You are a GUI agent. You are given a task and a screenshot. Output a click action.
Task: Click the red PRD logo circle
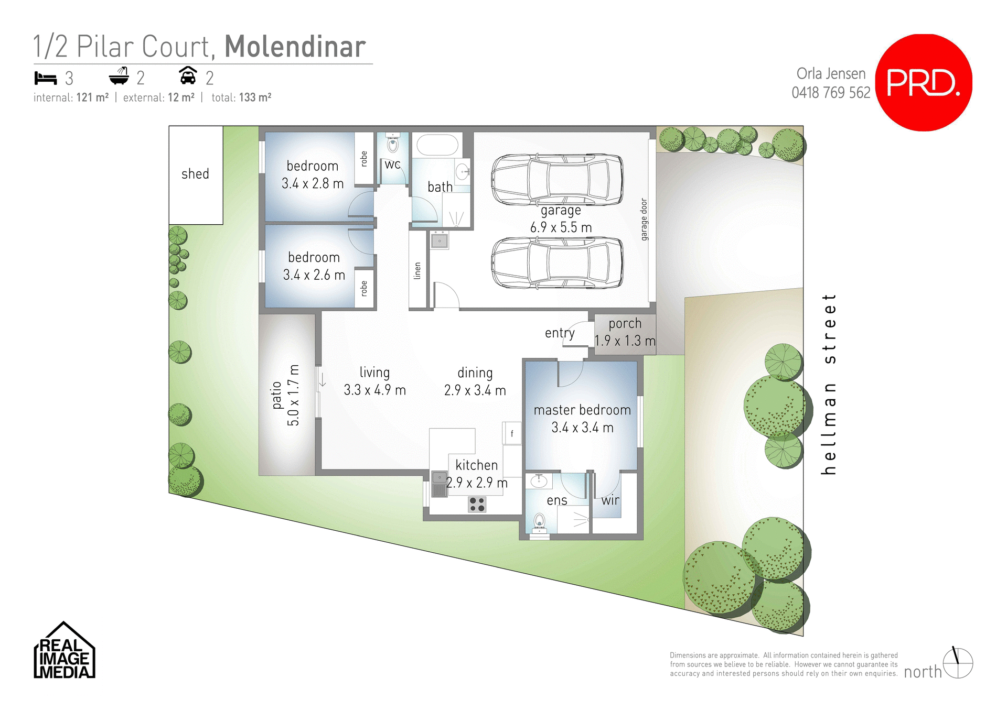[924, 82]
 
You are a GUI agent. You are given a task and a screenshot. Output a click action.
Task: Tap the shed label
[195, 174]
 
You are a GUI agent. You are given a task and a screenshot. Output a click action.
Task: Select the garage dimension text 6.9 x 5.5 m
[561, 227]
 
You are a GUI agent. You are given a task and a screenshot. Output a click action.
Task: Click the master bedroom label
[582, 410]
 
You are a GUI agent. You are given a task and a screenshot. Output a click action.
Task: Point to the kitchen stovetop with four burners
[477, 505]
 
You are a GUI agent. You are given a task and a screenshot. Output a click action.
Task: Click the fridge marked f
[512, 433]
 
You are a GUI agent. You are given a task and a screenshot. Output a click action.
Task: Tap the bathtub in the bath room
[437, 145]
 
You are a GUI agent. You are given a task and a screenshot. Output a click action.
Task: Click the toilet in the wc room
[392, 143]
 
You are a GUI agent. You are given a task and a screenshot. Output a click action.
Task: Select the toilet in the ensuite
[539, 522]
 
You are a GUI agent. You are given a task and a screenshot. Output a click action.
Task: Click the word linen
[417, 271]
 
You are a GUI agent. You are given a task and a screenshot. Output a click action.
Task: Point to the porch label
[625, 323]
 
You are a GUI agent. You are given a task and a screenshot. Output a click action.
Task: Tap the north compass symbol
[958, 663]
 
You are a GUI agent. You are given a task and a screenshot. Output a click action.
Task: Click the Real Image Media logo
[64, 651]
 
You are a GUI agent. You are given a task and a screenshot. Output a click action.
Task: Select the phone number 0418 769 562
[831, 93]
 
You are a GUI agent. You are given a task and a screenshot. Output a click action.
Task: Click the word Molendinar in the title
[295, 47]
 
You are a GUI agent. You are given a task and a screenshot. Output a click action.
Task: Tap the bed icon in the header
[46, 78]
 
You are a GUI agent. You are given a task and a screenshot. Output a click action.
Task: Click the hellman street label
[829, 384]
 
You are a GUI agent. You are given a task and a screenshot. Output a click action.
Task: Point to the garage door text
[644, 220]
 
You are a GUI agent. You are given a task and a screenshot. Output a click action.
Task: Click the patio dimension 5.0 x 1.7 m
[293, 395]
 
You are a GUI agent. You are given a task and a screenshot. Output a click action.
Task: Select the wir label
[610, 500]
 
